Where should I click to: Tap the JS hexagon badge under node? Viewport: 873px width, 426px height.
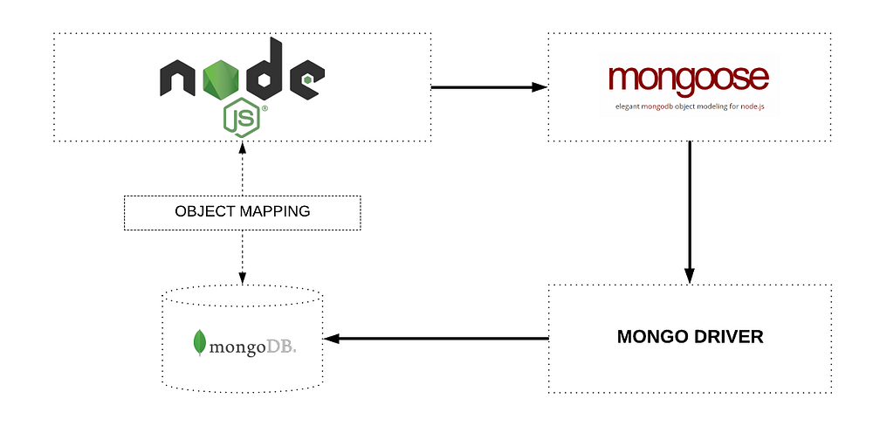[x=242, y=116]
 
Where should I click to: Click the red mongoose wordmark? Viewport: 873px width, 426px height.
[x=689, y=77]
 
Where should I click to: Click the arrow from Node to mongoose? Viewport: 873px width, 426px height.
[x=489, y=87]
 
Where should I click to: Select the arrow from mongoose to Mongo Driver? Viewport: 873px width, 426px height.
[x=690, y=210]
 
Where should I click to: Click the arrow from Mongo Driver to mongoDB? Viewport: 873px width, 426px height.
[x=436, y=338]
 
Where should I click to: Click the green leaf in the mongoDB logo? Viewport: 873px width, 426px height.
[x=200, y=342]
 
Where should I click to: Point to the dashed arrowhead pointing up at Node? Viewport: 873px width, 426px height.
[x=242, y=149]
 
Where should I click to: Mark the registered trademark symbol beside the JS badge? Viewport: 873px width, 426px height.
[x=265, y=110]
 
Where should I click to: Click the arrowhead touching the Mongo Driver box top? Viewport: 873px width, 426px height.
[x=690, y=276]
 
